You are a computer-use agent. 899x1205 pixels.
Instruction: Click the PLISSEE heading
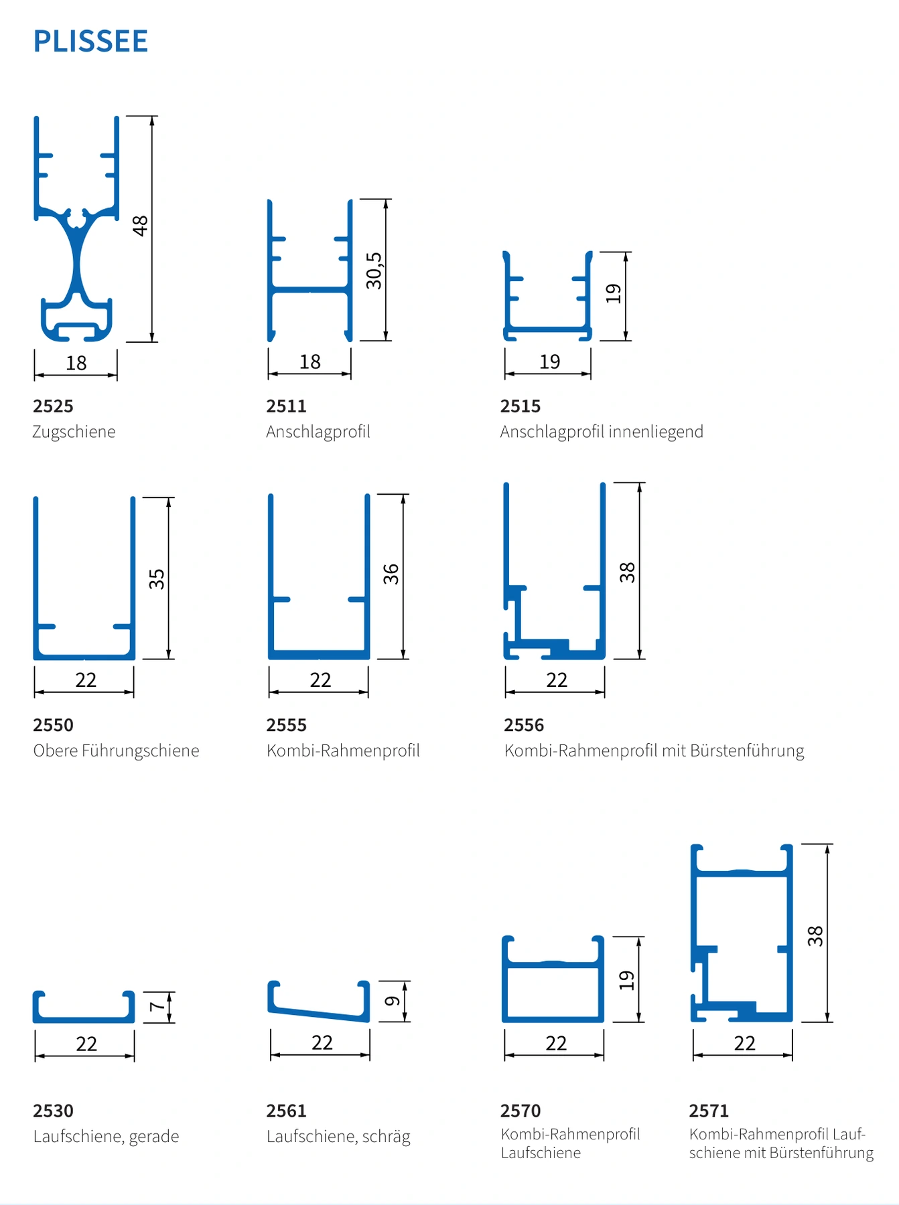[90, 42]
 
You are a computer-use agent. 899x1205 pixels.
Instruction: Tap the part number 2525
[53, 406]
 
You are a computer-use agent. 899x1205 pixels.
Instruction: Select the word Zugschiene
[74, 432]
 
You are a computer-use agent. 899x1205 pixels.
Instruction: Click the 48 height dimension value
[140, 226]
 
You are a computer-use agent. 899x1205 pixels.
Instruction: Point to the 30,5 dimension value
[374, 270]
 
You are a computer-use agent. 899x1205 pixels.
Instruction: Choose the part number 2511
[286, 406]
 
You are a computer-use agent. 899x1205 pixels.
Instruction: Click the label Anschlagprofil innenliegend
[602, 432]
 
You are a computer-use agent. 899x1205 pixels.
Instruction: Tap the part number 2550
[53, 725]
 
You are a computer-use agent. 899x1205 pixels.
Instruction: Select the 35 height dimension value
[157, 578]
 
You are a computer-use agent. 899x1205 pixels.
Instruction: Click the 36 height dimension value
[391, 574]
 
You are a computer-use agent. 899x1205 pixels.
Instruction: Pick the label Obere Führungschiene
[117, 750]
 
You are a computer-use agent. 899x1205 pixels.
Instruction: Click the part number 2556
[524, 725]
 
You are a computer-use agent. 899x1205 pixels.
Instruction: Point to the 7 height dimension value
[157, 1006]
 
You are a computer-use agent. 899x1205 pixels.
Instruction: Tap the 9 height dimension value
[393, 1001]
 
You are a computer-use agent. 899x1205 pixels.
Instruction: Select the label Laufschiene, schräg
[338, 1137]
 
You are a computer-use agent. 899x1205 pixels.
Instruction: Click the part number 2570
[521, 1111]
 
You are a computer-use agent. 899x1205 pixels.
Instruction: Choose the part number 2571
[709, 1111]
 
